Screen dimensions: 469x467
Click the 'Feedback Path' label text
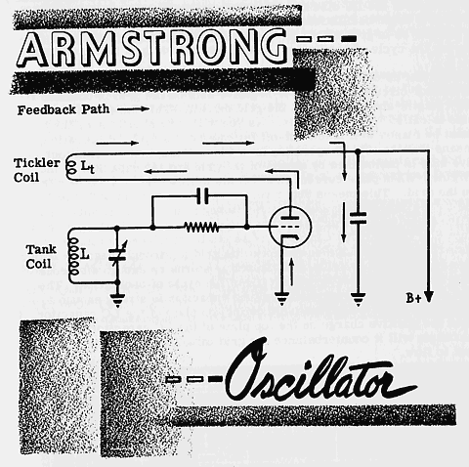[64, 109]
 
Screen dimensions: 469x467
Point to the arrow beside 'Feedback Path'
[133, 109]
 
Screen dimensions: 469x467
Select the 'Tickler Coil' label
[36, 170]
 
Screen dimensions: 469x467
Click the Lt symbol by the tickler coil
[88, 167]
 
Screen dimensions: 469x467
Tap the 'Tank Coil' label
[41, 256]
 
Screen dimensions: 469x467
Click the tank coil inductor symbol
[73, 256]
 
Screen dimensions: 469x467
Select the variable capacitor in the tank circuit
[117, 255]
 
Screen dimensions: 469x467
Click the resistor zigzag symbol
[201, 228]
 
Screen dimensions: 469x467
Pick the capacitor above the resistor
[202, 195]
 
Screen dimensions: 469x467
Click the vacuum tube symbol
[290, 227]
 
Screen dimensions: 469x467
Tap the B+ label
[413, 298]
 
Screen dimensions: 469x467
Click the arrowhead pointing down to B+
[429, 297]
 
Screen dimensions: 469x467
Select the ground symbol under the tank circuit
[117, 300]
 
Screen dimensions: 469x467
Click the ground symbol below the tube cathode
[282, 299]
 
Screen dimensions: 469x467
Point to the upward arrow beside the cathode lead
[291, 273]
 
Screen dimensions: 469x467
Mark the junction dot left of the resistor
[152, 228]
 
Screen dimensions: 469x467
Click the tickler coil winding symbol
[69, 167]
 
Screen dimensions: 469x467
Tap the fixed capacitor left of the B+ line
[358, 218]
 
